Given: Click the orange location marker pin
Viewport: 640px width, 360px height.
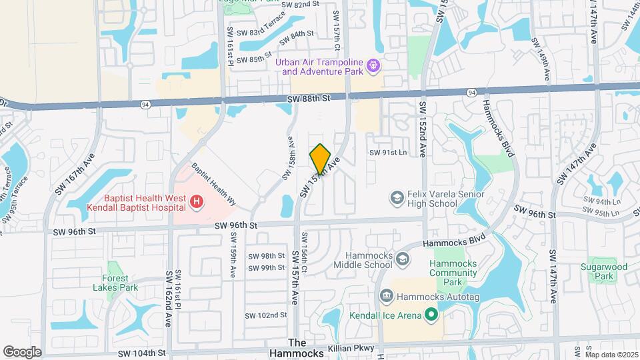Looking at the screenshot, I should pyautogui.click(x=321, y=158).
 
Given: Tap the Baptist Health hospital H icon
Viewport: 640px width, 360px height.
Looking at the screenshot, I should pyautogui.click(x=196, y=200).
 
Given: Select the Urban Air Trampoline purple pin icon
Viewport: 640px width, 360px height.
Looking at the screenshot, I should pyautogui.click(x=374, y=65).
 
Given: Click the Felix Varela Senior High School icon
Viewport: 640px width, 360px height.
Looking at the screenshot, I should pyautogui.click(x=397, y=198).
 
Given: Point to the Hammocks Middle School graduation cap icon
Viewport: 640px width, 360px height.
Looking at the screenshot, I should pyautogui.click(x=403, y=259).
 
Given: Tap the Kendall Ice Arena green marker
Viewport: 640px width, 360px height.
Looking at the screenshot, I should pyautogui.click(x=431, y=314).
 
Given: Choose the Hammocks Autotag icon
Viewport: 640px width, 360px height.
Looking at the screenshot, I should pyautogui.click(x=385, y=295).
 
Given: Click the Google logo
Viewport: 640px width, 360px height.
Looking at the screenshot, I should pyautogui.click(x=22, y=351).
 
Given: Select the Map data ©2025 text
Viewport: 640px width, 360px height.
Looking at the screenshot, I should pyautogui.click(x=611, y=355).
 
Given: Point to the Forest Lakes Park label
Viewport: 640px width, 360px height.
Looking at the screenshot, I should pyautogui.click(x=111, y=283).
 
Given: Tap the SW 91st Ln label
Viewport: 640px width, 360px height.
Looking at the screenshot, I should pyautogui.click(x=388, y=153).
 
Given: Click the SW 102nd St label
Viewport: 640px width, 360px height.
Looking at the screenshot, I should pyautogui.click(x=265, y=315).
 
